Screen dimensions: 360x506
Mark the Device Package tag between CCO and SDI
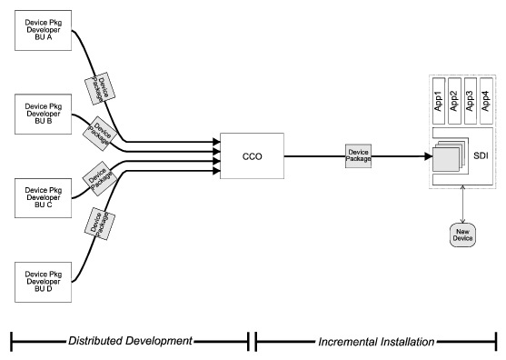point(357,155)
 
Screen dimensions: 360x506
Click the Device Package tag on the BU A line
point(97,87)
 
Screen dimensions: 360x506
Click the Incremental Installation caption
point(376,341)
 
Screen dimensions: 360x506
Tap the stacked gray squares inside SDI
point(447,156)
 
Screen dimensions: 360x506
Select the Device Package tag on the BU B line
point(97,132)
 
